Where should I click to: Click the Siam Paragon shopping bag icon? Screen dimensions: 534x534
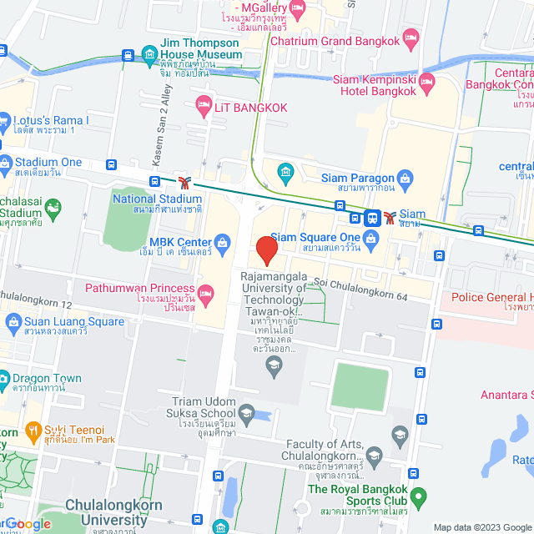406,177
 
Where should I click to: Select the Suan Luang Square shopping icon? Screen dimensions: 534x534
13,321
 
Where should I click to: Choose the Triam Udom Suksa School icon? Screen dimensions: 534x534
246,411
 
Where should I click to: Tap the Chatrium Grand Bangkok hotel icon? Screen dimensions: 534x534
410,37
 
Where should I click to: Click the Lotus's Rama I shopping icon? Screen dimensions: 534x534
4,120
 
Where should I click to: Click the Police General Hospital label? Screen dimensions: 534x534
492,297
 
